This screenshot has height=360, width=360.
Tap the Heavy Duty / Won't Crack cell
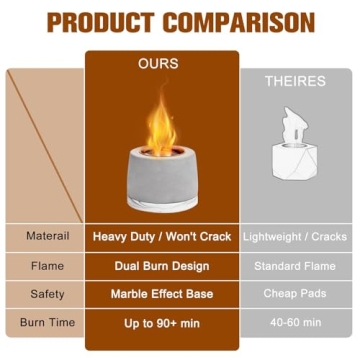point(162,237)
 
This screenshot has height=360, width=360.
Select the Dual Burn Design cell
point(162,266)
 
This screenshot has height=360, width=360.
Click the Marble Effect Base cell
point(162,294)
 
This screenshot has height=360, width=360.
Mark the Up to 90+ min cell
point(162,322)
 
